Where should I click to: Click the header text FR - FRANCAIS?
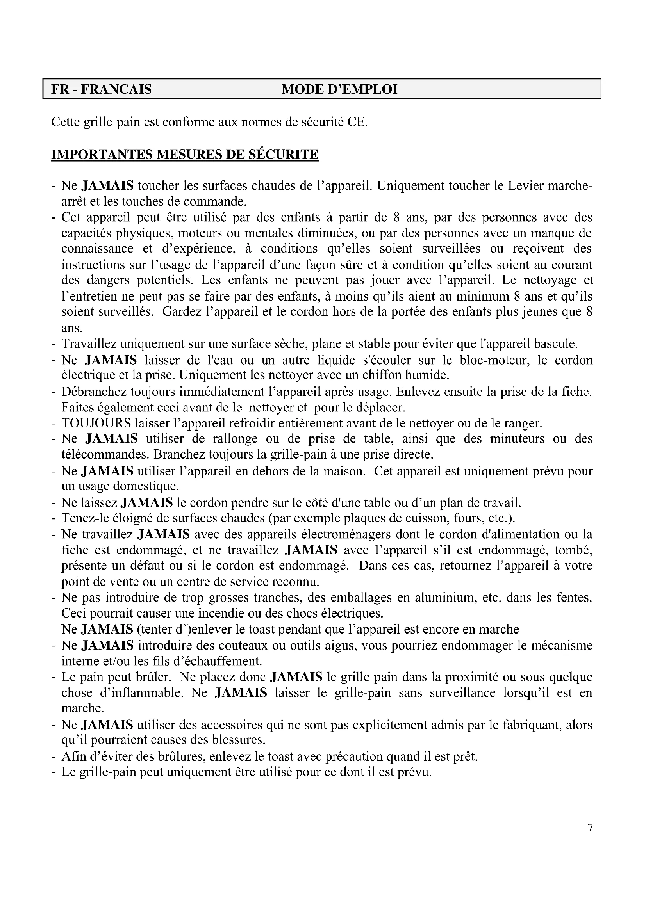click(101, 89)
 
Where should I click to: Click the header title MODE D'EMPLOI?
click(339, 89)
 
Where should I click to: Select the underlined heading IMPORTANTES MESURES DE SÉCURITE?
click(185, 154)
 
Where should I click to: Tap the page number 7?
click(590, 828)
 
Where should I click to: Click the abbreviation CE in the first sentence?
click(357, 122)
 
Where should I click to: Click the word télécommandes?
click(105, 454)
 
